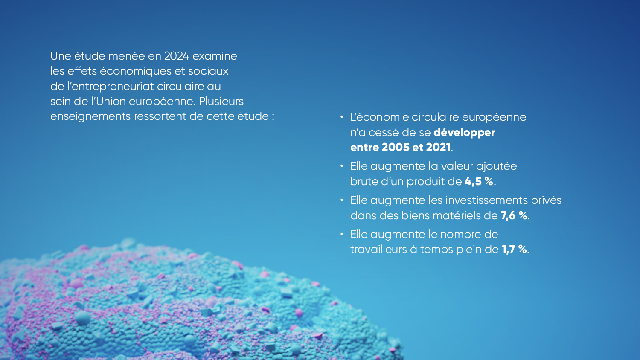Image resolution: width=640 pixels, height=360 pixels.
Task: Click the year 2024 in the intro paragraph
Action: pos(177,56)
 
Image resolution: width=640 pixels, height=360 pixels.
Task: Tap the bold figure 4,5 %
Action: pos(479,181)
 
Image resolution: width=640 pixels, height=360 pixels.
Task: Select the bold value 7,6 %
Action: pos(514,215)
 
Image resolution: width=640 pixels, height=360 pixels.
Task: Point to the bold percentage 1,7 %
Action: pos(514,249)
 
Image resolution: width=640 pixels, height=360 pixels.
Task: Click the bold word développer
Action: pos(464,133)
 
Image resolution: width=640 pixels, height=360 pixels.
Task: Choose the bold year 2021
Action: pos(438,148)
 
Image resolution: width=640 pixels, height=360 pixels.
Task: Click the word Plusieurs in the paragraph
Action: pos(221,101)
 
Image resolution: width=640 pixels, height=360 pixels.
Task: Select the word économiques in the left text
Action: pos(135,71)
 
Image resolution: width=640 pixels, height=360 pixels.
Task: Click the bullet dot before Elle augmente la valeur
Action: pos(342,166)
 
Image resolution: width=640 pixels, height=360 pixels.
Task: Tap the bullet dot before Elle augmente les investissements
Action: pos(342,200)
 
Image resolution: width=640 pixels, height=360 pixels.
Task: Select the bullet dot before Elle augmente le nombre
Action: pos(342,234)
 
